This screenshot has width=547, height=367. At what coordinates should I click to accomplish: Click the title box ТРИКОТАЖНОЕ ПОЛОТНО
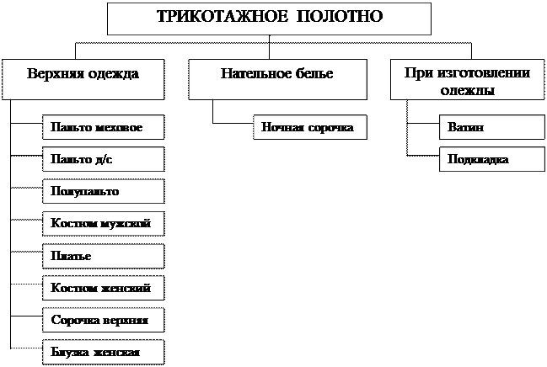click(x=269, y=18)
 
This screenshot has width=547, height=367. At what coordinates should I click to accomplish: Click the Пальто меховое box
click(x=103, y=128)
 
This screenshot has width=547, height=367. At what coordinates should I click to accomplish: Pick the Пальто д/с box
click(x=103, y=159)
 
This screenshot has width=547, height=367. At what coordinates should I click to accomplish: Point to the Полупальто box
click(x=103, y=191)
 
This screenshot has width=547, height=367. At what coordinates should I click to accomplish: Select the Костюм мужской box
click(x=103, y=223)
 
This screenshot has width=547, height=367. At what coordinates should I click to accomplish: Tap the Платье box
click(x=103, y=255)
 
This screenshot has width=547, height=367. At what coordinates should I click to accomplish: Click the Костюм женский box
click(x=103, y=288)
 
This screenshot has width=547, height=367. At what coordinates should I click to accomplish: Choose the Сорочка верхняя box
click(x=103, y=320)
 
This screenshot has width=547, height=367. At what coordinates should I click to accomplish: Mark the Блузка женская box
click(x=103, y=351)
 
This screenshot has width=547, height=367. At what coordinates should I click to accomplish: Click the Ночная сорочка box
click(x=309, y=128)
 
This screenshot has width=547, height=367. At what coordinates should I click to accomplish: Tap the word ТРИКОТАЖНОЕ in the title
click(x=225, y=17)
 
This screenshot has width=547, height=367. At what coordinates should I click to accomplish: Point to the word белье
click(x=313, y=74)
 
